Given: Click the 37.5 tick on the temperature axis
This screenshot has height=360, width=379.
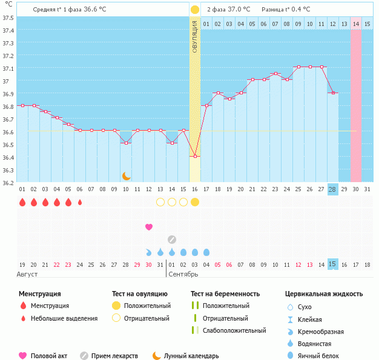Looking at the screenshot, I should [x=8, y=18].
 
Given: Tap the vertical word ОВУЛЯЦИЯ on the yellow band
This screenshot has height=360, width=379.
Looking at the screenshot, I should [x=195, y=36].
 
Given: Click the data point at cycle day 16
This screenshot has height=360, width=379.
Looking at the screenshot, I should [x=195, y=156].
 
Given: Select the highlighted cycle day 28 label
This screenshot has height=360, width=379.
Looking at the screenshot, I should [x=332, y=189].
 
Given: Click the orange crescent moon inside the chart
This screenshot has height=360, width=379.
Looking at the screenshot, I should [x=127, y=175].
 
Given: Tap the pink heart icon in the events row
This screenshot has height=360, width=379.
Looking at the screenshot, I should [x=149, y=227].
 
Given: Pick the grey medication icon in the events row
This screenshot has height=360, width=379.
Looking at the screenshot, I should [x=172, y=239].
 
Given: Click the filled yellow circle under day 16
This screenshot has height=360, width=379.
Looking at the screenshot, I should [x=195, y=202].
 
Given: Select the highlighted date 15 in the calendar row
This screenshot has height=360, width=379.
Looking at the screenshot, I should [x=332, y=264].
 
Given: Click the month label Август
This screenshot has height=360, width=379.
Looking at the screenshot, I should [x=28, y=275].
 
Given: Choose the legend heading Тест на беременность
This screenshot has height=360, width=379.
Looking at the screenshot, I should [x=225, y=294].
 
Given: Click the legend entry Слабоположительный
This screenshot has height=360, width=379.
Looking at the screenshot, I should [x=234, y=330].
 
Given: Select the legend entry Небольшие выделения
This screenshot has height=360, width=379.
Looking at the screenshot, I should [x=64, y=318].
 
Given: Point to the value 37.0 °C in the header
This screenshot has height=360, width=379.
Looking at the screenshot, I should [x=237, y=10].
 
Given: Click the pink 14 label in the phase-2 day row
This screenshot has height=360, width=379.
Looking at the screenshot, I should [x=356, y=24].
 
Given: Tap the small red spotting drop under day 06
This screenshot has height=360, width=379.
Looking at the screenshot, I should [x=80, y=202].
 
